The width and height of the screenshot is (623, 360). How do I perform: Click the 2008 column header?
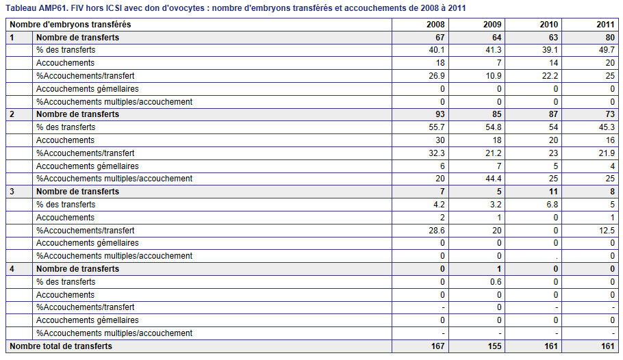click(x=435, y=25)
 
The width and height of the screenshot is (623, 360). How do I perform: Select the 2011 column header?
click(x=605, y=25)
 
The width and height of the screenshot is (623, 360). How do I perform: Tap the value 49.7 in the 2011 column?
click(x=607, y=50)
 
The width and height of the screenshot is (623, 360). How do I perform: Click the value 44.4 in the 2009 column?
click(x=493, y=179)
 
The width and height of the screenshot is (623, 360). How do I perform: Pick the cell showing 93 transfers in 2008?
click(x=440, y=114)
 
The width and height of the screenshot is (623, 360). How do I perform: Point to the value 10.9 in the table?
click(x=494, y=76)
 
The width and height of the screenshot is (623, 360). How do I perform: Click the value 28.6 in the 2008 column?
click(x=437, y=231)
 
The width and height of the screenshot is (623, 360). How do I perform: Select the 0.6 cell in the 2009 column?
click(x=496, y=282)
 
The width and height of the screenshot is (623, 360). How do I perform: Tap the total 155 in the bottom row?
click(x=495, y=346)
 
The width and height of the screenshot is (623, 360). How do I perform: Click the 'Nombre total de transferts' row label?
click(x=61, y=346)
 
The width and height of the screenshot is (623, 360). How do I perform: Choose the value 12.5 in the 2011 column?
click(x=607, y=231)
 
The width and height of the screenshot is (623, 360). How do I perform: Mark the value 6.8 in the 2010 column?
click(x=552, y=205)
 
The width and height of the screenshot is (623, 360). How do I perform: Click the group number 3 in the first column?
click(x=12, y=192)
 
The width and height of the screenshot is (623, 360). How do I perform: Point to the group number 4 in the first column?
click(x=12, y=269)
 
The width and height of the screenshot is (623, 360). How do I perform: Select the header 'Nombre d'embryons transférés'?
click(x=71, y=25)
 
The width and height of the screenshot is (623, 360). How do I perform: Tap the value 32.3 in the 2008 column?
click(x=437, y=153)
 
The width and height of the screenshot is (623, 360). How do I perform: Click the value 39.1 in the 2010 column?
click(x=550, y=50)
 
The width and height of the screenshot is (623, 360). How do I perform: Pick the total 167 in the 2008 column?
click(x=438, y=346)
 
